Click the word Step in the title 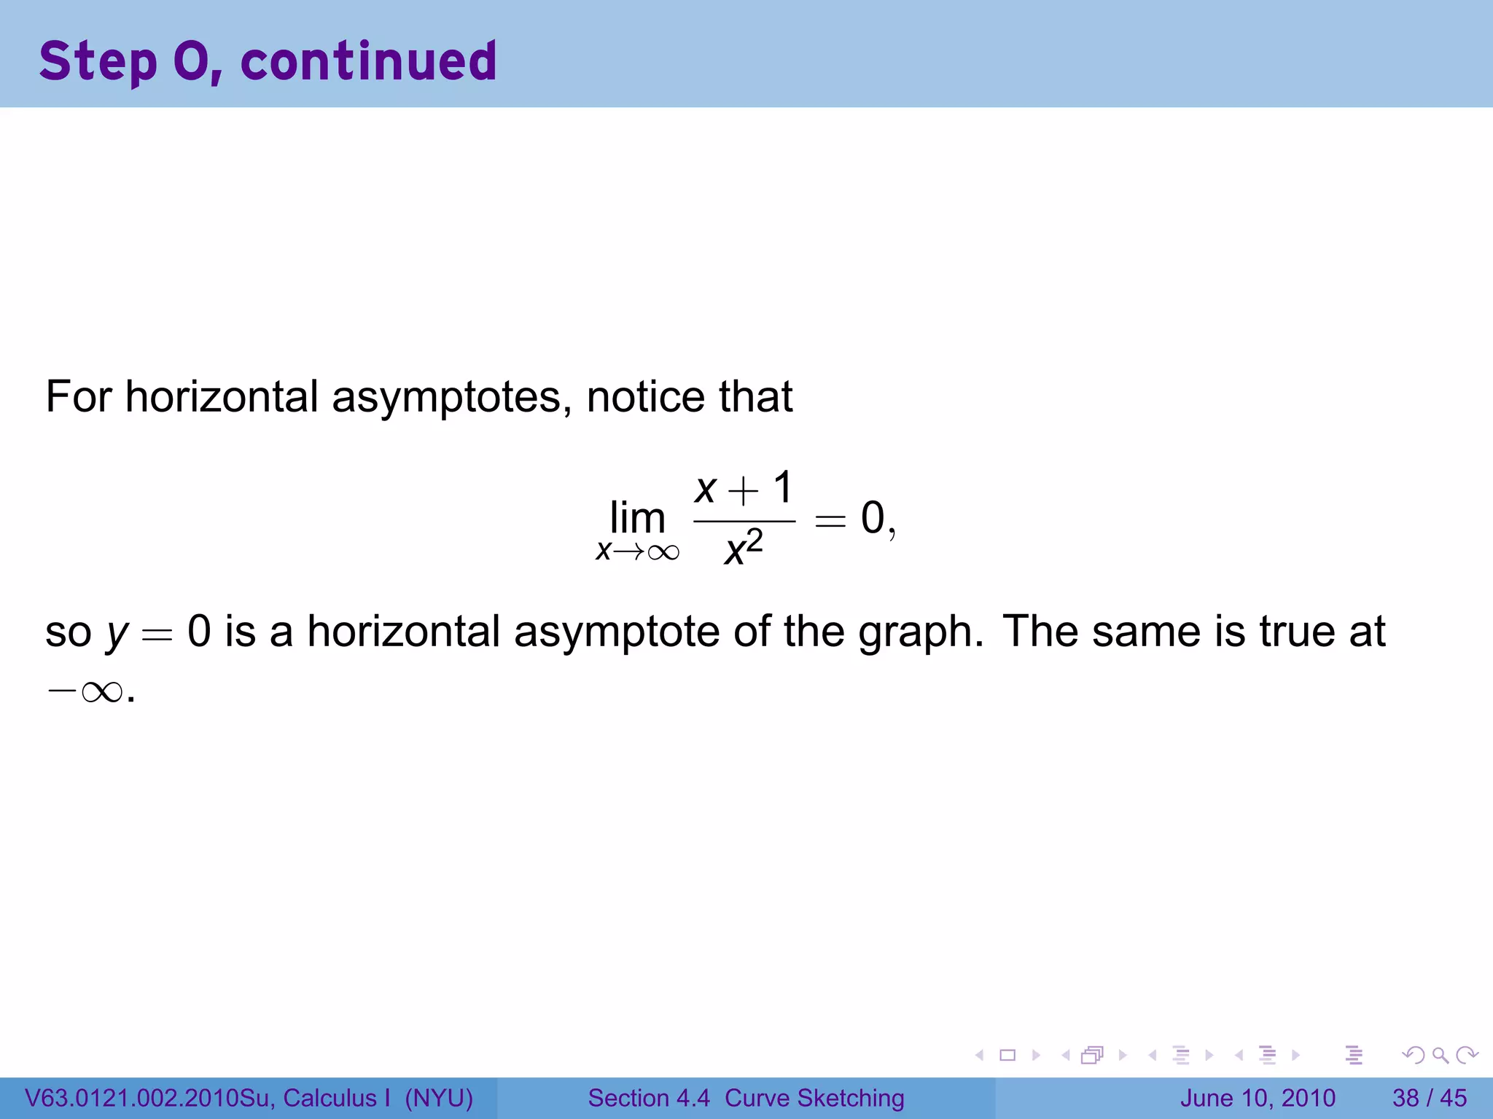point(98,61)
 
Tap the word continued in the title point(369,61)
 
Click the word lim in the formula point(637,519)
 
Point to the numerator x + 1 point(744,488)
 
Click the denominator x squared point(744,548)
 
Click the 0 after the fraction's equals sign point(873,519)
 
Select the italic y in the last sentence point(117,632)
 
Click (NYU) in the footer point(439,1098)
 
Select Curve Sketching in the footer point(814,1098)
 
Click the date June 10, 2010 point(1258,1098)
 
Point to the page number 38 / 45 point(1429,1098)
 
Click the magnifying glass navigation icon point(1440,1055)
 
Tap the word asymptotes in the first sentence point(451,397)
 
